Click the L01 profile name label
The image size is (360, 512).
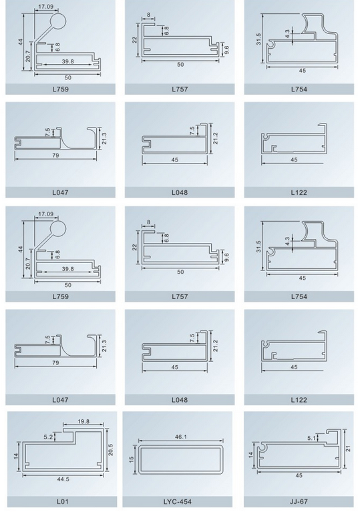pyautogui.click(x=62, y=501)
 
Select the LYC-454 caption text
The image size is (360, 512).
pyautogui.click(x=178, y=501)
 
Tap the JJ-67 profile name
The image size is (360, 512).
pyautogui.click(x=299, y=501)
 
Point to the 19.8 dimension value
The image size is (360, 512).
pyautogui.click(x=83, y=421)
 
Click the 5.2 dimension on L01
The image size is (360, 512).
pyautogui.click(x=48, y=436)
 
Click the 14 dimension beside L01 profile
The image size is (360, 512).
pyautogui.click(x=17, y=455)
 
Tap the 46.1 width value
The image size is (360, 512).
pyautogui.click(x=180, y=437)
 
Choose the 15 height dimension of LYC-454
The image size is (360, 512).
pyautogui.click(x=132, y=459)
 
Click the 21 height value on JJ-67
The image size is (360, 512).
pyautogui.click(x=348, y=449)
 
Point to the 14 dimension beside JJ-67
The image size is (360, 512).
pyautogui.click(x=251, y=455)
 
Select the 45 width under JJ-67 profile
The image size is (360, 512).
pyautogui.click(x=299, y=475)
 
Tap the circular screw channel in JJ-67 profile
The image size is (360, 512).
pyautogui.click(x=261, y=446)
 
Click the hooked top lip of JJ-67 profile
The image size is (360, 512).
pyautogui.click(x=334, y=431)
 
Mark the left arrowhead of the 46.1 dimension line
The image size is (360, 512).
pyautogui.click(x=139, y=440)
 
